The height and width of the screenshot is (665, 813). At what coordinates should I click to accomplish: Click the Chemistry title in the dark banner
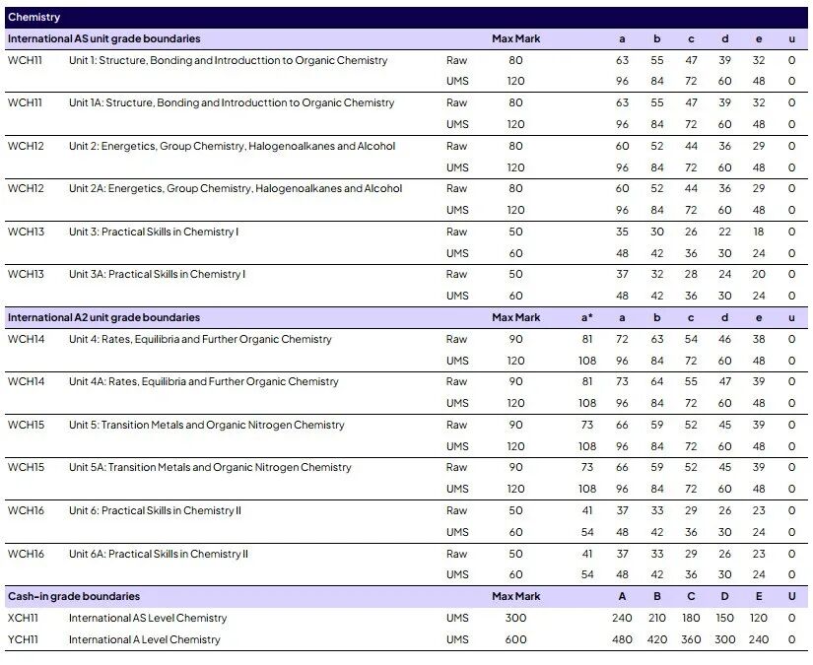coord(34,17)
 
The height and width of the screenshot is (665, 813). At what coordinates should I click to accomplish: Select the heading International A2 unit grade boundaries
coord(103,317)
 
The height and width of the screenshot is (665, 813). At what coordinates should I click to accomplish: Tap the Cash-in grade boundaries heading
coord(74,596)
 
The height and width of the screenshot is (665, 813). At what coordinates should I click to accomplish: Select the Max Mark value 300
coord(515,618)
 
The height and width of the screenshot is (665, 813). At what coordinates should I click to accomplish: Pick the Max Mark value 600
coord(515,639)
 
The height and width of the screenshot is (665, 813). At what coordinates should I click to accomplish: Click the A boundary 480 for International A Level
coord(622,639)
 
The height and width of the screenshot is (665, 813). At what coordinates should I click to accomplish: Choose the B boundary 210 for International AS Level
coord(656,618)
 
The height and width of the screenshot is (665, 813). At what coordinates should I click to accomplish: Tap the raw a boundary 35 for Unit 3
coord(622,232)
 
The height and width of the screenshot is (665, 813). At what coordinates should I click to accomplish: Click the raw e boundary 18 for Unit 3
coord(758,232)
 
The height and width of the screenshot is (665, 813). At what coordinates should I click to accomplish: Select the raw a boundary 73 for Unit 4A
coord(622,381)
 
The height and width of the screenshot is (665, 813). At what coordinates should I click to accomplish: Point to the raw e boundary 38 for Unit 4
coord(758,339)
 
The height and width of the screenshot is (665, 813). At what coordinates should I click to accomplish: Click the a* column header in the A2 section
coord(587,317)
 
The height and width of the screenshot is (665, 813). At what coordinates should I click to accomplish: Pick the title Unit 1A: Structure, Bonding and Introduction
coord(232,102)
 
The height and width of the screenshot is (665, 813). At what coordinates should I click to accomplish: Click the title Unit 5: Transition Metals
coord(207,425)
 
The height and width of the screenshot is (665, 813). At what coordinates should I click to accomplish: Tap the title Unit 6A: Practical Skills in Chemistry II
coord(159,554)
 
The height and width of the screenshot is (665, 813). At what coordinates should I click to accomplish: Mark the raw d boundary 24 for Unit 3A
coord(724,274)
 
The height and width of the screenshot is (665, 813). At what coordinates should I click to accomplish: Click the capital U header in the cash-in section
coord(791,596)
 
